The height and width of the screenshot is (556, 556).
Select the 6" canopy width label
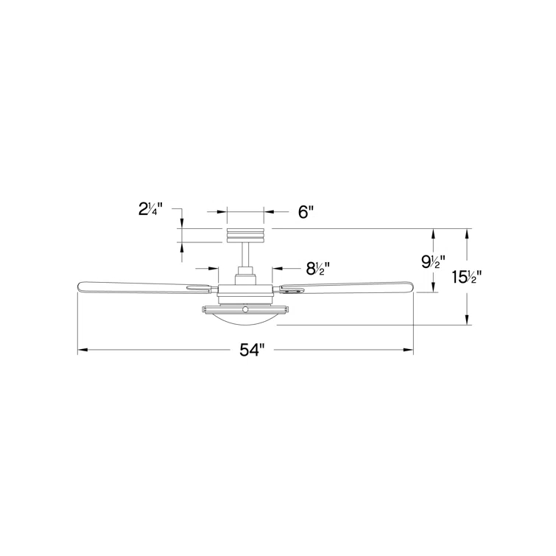click(x=306, y=212)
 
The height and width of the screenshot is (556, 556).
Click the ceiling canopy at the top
click(x=245, y=235)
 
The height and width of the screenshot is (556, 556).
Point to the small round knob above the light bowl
click(x=245, y=308)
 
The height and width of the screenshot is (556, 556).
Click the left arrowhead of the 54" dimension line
click(x=82, y=350)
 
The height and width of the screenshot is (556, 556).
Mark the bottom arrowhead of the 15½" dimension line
click(x=466, y=320)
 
